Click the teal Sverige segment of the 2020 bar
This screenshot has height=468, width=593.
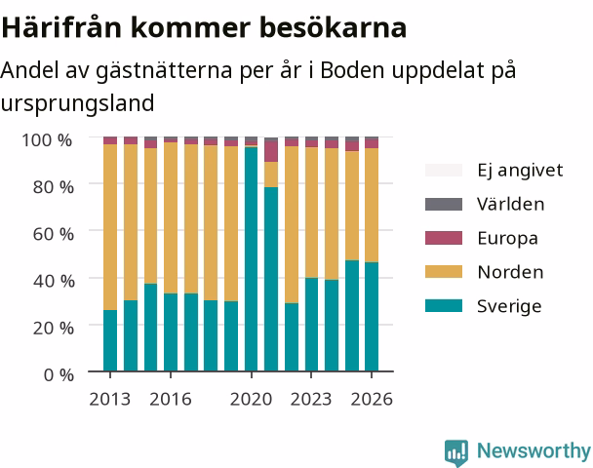click(251, 259)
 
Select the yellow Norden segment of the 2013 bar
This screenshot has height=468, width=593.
click(110, 227)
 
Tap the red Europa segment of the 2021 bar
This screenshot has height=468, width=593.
click(271, 152)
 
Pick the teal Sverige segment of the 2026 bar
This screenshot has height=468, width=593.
click(372, 317)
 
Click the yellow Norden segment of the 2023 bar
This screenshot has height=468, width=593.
click(312, 213)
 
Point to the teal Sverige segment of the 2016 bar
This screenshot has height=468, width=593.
click(171, 332)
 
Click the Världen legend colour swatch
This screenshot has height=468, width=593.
click(444, 204)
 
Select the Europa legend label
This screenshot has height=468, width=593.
click(507, 239)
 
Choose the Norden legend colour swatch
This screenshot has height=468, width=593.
click(444, 272)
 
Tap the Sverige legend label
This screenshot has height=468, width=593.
click(509, 306)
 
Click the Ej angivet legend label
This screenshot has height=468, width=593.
click(520, 171)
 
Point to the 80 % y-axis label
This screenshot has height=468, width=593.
click(54, 187)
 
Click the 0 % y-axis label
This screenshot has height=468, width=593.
click(59, 375)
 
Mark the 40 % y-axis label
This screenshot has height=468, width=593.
click(54, 281)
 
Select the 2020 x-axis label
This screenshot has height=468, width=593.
click(251, 399)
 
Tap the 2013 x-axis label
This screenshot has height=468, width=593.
click(110, 399)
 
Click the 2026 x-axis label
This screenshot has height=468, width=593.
click(372, 399)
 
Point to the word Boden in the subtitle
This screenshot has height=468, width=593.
click(352, 70)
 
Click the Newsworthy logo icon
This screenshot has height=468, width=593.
click(456, 452)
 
